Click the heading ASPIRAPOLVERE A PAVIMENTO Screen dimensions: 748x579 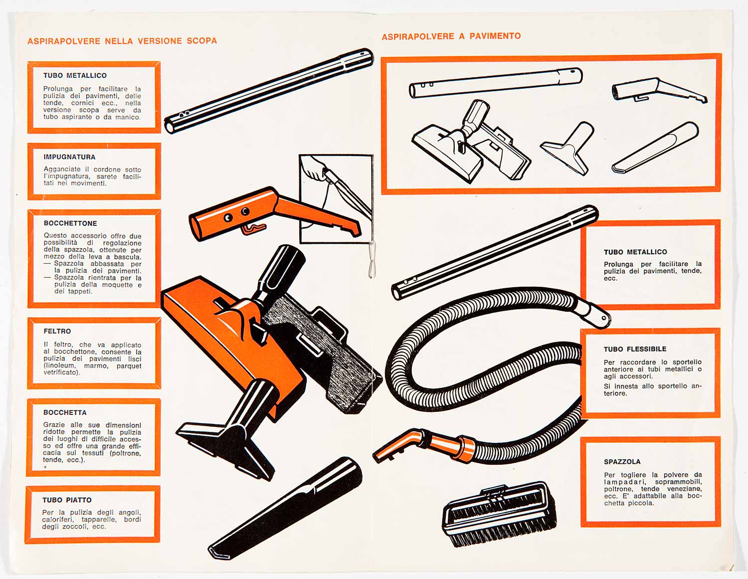(x=451, y=36)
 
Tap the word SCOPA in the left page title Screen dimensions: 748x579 (x=202, y=40)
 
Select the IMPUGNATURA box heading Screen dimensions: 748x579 (x=69, y=157)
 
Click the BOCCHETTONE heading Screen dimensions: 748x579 (x=70, y=223)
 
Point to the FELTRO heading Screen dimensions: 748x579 (x=57, y=331)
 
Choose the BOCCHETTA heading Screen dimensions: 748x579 (x=65, y=412)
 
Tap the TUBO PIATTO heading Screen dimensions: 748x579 (x=67, y=500)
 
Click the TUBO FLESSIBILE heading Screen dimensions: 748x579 (x=635, y=349)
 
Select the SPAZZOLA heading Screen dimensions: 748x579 (x=622, y=462)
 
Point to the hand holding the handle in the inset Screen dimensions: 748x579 (x=313, y=169)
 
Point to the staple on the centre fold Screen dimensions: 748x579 (x=372, y=259)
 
